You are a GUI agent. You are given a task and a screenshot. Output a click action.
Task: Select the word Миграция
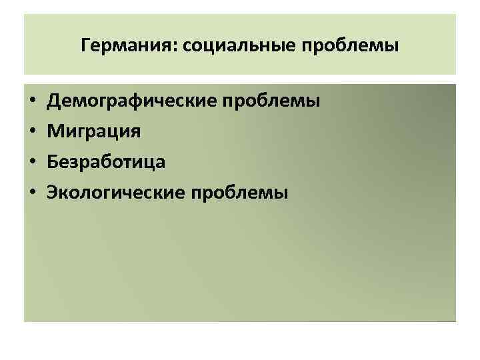pyautogui.click(x=93, y=131)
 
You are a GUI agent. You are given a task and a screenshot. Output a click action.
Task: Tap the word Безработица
pyautogui.click(x=105, y=162)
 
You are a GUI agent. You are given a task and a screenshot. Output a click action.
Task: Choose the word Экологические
pyautogui.click(x=116, y=193)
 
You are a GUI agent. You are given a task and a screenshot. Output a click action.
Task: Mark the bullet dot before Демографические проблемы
pyautogui.click(x=32, y=102)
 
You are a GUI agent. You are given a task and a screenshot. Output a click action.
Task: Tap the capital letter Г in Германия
pyautogui.click(x=84, y=47)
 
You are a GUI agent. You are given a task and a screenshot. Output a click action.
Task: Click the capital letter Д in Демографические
pyautogui.click(x=53, y=101)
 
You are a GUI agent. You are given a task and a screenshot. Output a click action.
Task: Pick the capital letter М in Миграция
pyautogui.click(x=55, y=131)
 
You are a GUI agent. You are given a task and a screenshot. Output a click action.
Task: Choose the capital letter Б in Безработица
pyautogui.click(x=52, y=162)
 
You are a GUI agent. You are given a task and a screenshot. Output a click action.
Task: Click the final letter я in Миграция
pyautogui.click(x=135, y=133)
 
